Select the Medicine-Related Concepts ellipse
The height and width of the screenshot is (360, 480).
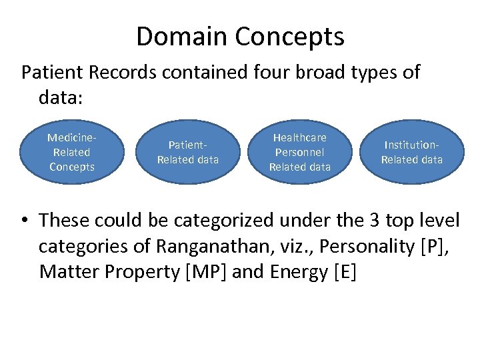click(72, 152)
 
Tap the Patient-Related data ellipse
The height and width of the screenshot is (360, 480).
click(187, 152)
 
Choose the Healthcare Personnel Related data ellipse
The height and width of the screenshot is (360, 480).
click(299, 152)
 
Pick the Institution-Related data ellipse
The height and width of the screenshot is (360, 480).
click(411, 152)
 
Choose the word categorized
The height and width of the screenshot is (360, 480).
click(215, 220)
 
